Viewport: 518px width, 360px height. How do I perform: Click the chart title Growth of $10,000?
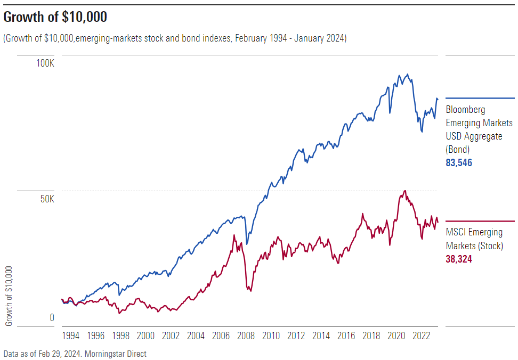click(x=55, y=18)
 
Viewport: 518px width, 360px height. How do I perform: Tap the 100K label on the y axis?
click(x=45, y=63)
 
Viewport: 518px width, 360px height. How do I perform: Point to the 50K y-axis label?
click(x=47, y=199)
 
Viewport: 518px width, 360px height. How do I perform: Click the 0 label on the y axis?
click(x=52, y=318)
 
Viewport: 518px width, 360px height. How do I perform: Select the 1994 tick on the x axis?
click(x=71, y=336)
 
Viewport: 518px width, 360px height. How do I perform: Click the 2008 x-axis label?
click(x=246, y=336)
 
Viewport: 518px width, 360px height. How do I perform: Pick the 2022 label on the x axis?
click(x=422, y=336)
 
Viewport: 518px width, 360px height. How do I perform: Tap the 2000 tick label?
click(x=146, y=336)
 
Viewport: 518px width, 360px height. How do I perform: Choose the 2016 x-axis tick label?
click(x=346, y=336)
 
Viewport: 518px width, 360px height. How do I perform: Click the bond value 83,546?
click(x=459, y=163)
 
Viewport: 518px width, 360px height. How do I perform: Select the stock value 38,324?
click(x=459, y=259)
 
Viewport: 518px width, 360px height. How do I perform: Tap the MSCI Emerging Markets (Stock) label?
click(x=474, y=239)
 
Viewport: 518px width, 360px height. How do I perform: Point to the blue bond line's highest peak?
click(x=408, y=75)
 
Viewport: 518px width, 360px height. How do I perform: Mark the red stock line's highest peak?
click(x=405, y=191)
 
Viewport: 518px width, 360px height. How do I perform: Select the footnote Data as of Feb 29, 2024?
click(x=75, y=354)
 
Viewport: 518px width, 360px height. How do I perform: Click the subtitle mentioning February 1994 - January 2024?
click(x=175, y=38)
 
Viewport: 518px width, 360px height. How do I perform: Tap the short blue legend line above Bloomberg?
click(x=480, y=99)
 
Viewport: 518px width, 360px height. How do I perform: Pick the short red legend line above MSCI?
click(x=480, y=221)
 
